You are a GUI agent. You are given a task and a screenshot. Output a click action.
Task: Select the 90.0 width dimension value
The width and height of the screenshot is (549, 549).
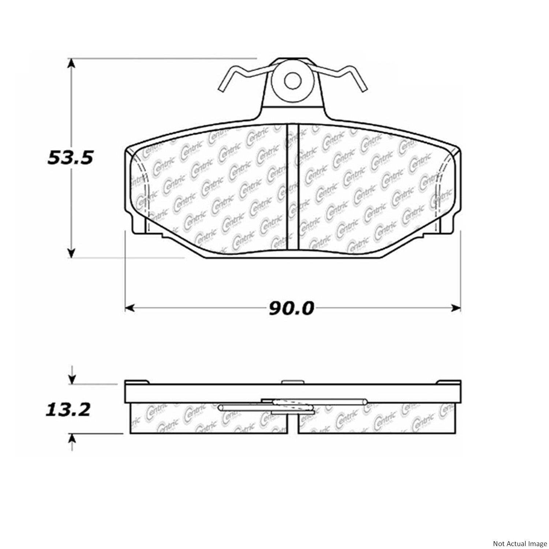click(291, 309)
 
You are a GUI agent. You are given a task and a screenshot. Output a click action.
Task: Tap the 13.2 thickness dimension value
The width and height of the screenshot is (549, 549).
click(68, 410)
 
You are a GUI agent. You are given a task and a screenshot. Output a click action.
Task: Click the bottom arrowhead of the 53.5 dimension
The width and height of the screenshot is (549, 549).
click(72, 253)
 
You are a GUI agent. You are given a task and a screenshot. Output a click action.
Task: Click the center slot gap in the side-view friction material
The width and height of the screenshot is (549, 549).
click(292, 425)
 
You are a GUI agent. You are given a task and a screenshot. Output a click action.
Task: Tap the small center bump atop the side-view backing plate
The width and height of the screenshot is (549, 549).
click(292, 382)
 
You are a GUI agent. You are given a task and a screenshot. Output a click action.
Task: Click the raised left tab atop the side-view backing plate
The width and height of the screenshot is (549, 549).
click(137, 382)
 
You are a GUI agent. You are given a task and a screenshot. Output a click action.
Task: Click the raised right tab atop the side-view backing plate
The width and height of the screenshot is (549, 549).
click(448, 382)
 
